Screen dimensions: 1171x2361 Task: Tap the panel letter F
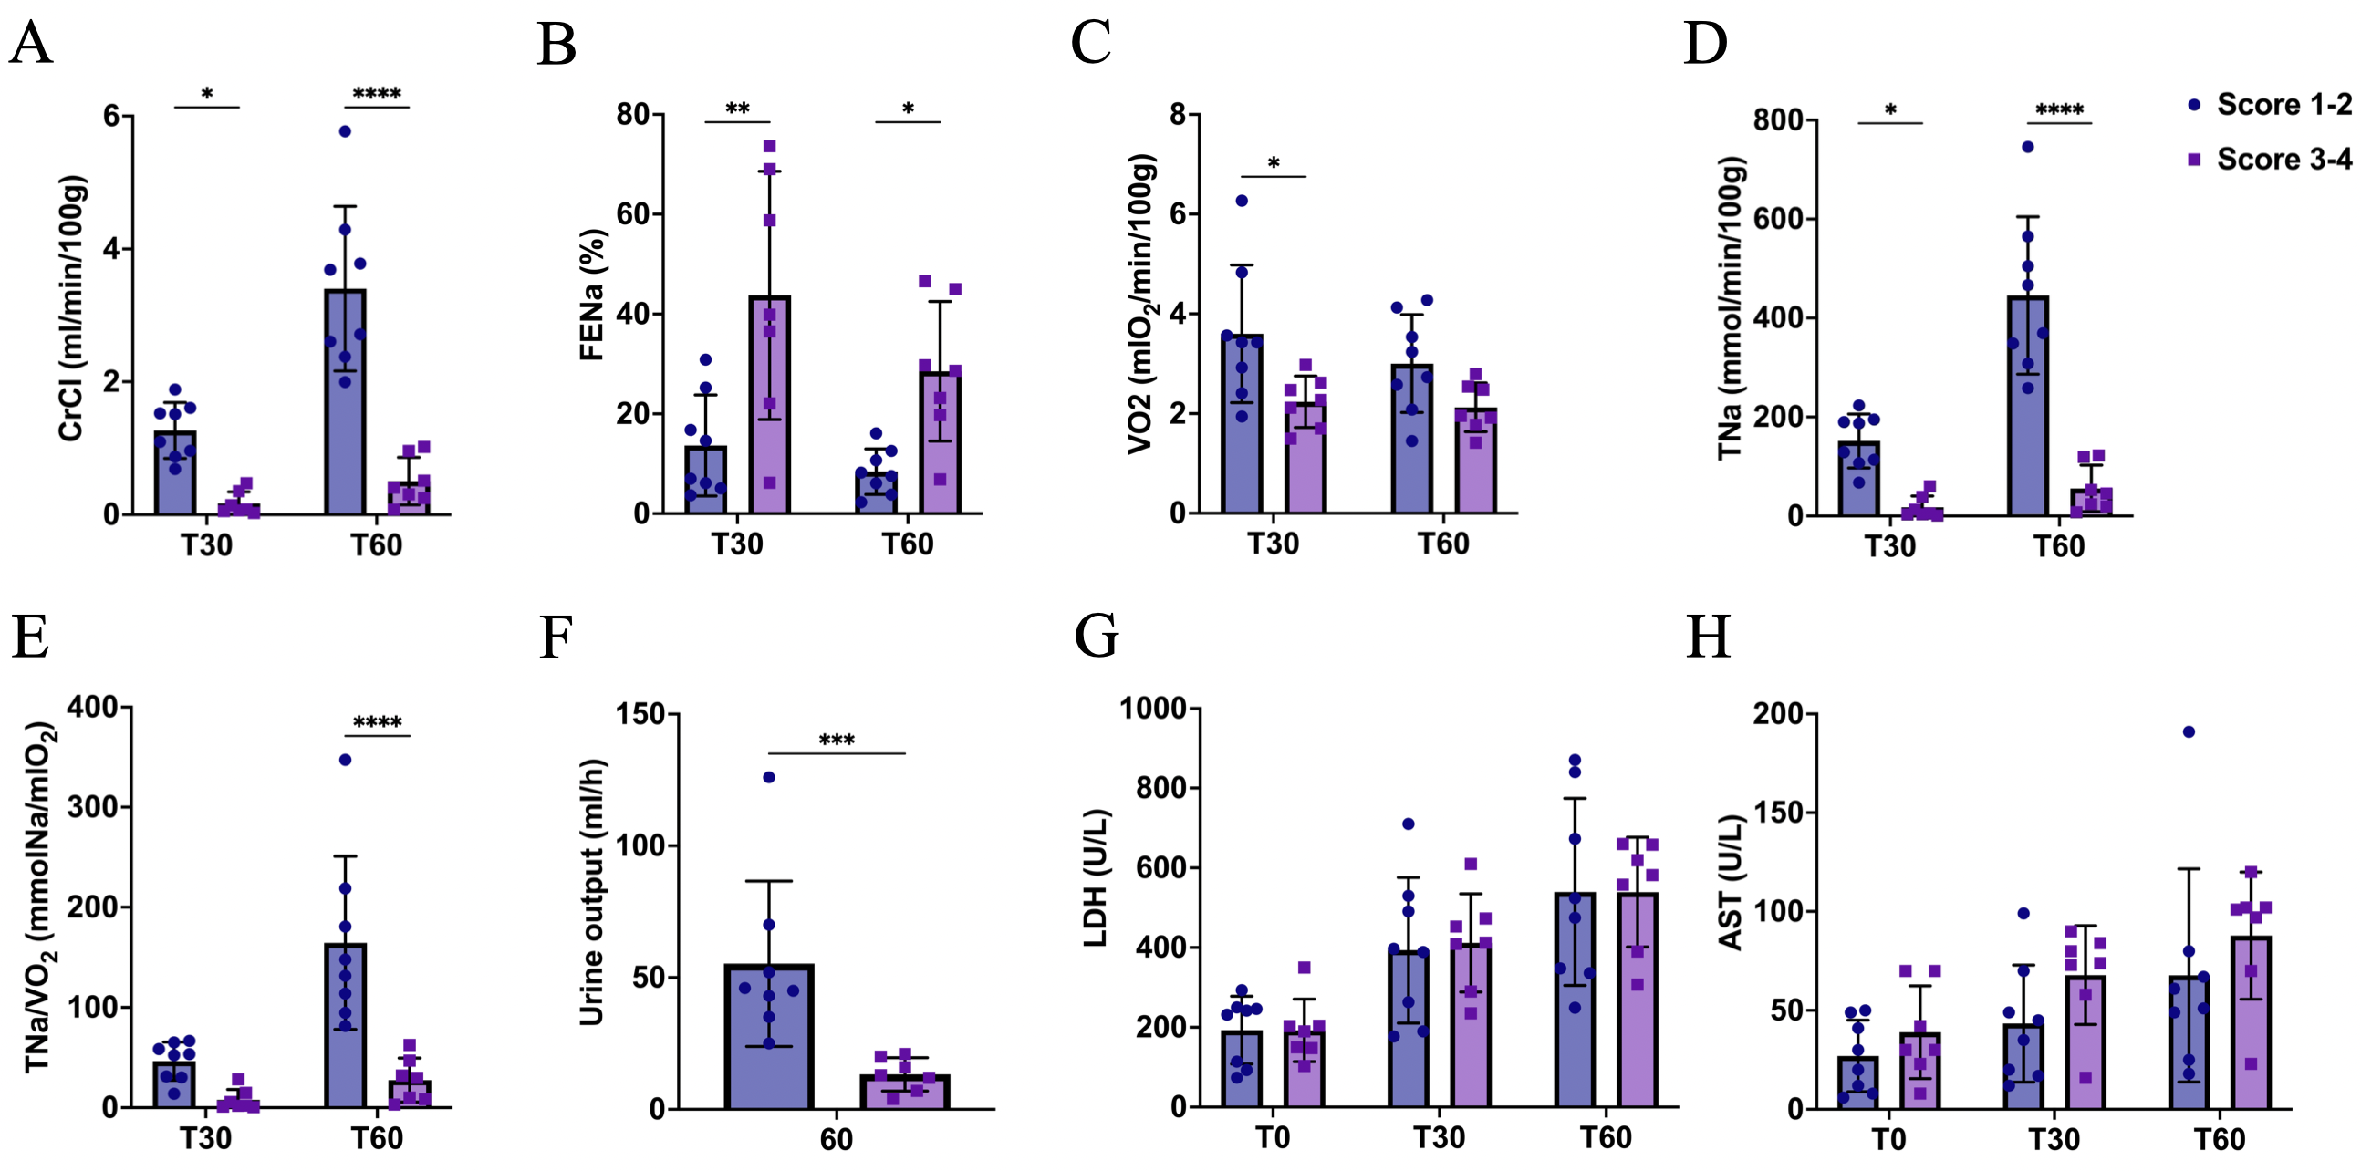point(556,637)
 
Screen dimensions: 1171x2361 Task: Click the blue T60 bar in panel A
point(345,403)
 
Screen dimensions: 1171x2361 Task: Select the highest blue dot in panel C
point(1242,201)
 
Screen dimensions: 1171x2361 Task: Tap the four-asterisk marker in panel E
point(378,722)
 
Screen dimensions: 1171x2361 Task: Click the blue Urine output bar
point(769,1036)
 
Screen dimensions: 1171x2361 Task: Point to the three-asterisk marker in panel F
point(837,741)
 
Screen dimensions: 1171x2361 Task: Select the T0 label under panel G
point(1273,1138)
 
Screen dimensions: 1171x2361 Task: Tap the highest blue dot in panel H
point(2189,731)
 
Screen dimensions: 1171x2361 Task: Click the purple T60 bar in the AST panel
point(2251,1022)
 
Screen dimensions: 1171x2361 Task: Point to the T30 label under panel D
point(1890,546)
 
